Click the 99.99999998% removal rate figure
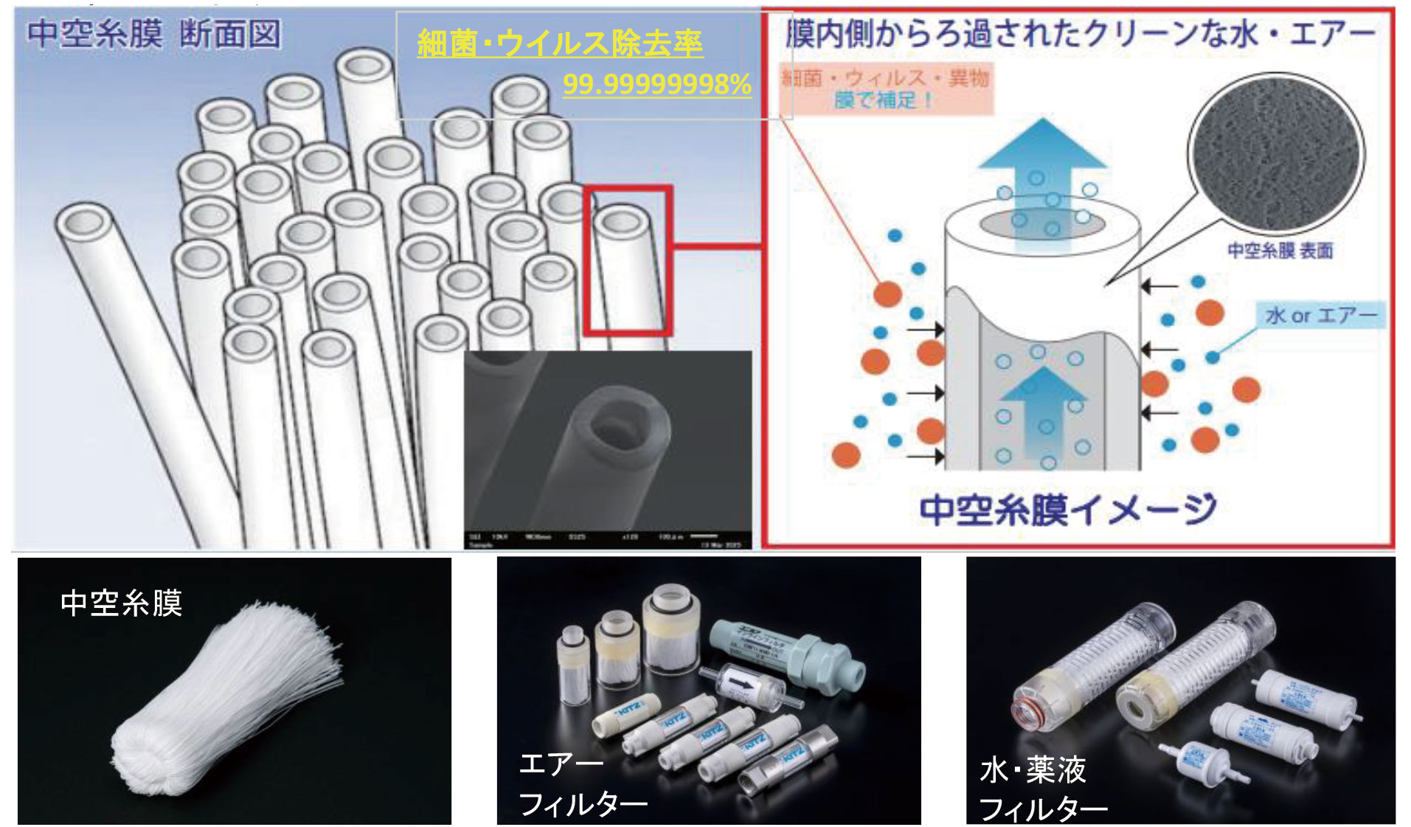656,84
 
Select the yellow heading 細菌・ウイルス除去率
560,44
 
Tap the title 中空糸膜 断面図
154,34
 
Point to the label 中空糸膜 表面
1280,251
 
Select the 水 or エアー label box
1320,316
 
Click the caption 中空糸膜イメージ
1067,509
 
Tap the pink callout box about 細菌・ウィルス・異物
885,89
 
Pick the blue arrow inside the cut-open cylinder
1042,402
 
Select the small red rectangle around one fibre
628,260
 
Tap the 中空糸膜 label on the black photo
121,603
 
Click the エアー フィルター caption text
582,783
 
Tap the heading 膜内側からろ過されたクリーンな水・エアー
1080,34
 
